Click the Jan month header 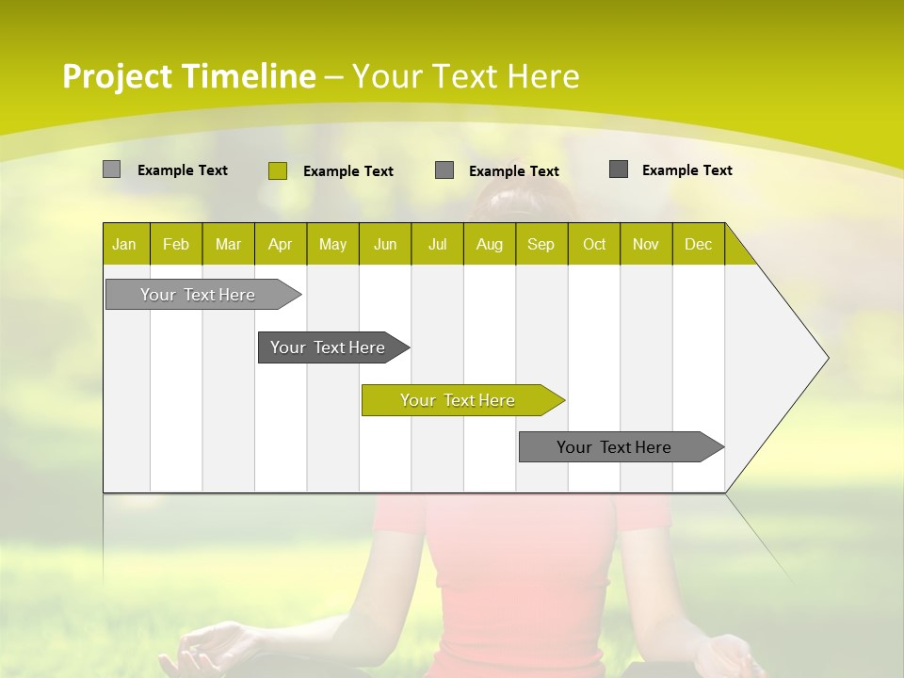[125, 244]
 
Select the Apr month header [281, 244]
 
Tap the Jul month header [438, 244]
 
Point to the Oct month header [594, 244]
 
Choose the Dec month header [699, 244]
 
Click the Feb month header [176, 244]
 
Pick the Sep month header [541, 244]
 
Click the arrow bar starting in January [198, 295]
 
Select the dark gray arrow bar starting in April [328, 347]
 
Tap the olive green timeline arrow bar [458, 400]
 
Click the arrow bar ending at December [614, 447]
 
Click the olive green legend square [278, 170]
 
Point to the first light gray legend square [112, 169]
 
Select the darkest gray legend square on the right [619, 169]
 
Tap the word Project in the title [116, 76]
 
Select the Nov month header [646, 244]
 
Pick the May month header [332, 244]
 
